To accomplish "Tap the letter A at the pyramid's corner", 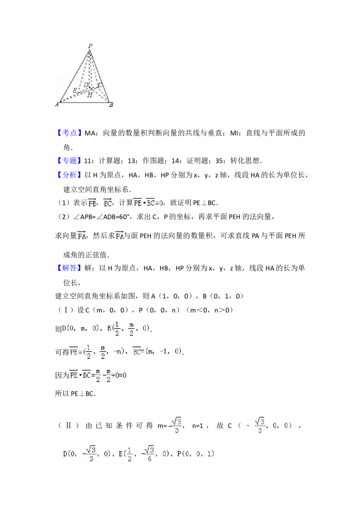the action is point(57,105).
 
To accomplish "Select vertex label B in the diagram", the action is point(111,105).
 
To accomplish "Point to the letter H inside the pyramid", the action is point(90,95).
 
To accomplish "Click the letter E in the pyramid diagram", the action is point(75,90).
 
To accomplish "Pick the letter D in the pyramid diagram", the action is point(86,85).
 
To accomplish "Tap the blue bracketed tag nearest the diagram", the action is point(70,132).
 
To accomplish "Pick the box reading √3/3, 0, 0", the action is point(272,425).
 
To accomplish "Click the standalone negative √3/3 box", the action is point(175,425).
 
